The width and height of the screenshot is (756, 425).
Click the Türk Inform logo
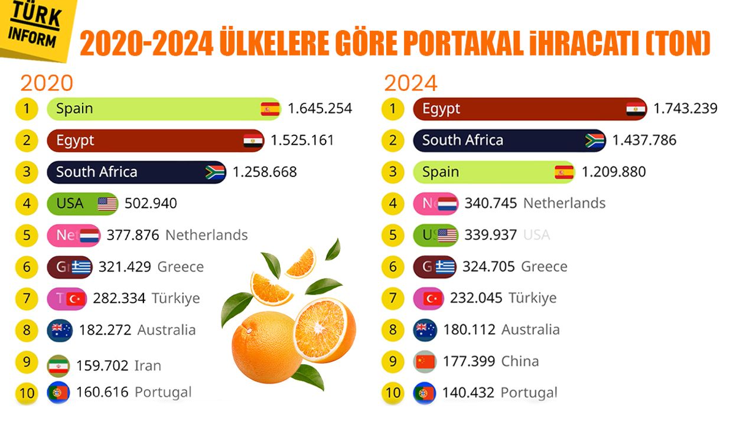[35, 27]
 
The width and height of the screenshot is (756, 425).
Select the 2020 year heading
[47, 83]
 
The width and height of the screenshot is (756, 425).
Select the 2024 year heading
[410, 83]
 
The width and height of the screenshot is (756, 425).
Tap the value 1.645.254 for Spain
[320, 109]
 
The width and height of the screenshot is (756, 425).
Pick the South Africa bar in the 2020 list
[136, 172]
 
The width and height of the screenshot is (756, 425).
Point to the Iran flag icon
[58, 365]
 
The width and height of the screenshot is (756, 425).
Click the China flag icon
[425, 361]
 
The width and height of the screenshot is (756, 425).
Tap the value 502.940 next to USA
[151, 204]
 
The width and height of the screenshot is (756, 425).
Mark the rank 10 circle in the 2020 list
[27, 393]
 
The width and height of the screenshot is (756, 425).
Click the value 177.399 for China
[469, 361]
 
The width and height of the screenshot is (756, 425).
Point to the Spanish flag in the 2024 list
[564, 172]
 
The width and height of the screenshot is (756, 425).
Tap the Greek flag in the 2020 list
[81, 267]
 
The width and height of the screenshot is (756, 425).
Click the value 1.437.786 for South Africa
[644, 140]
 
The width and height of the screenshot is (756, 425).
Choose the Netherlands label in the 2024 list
[564, 204]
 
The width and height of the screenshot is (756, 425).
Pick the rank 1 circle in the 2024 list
[393, 109]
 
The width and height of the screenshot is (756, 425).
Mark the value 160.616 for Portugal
[102, 393]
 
